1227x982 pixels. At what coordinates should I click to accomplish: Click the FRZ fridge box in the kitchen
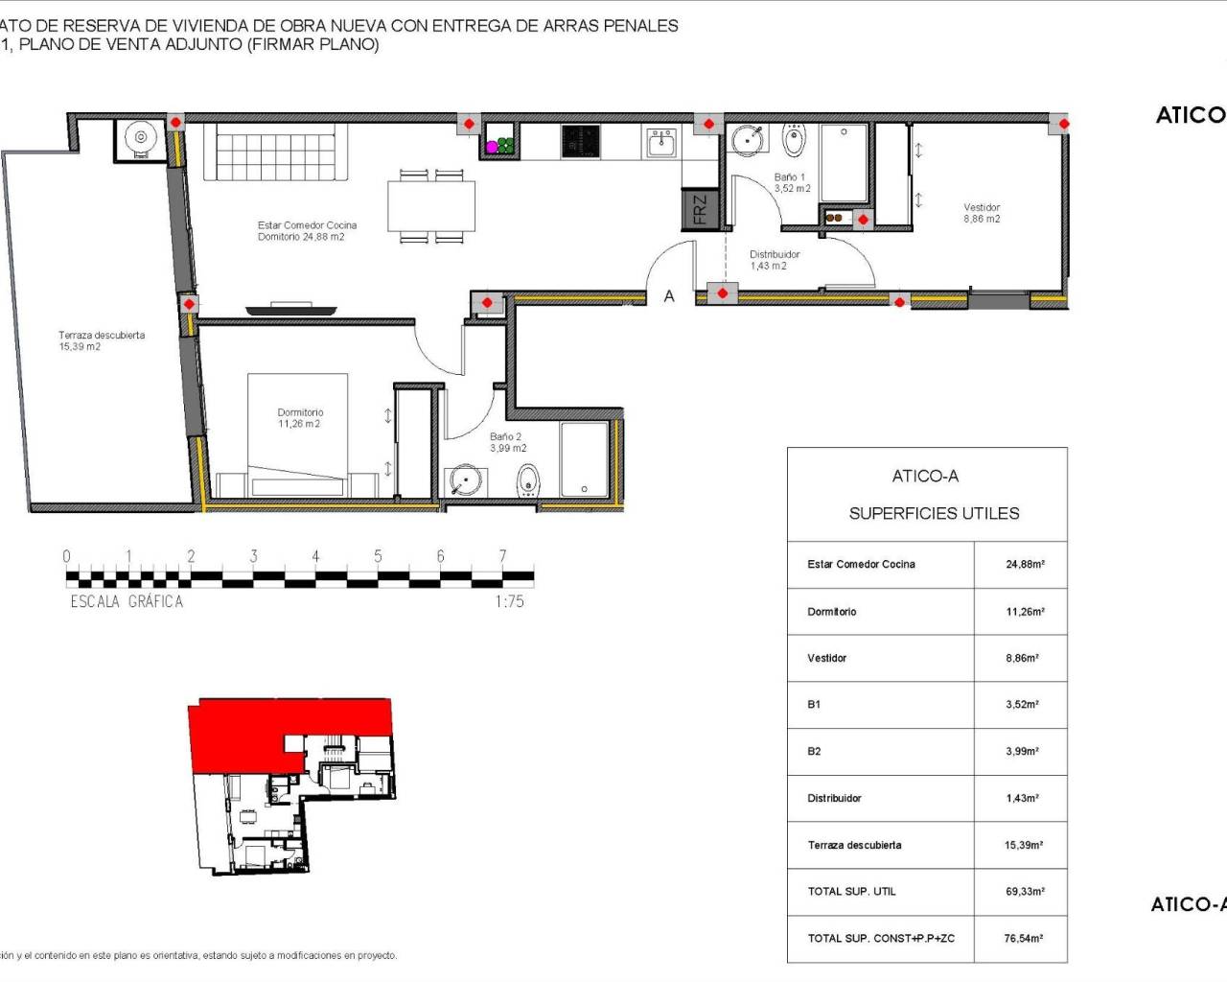(x=699, y=209)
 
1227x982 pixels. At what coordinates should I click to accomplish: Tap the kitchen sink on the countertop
(x=660, y=142)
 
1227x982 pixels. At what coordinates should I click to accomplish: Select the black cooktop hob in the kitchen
(x=580, y=141)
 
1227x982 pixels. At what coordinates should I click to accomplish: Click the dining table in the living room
(x=431, y=206)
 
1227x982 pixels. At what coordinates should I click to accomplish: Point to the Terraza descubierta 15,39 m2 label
(x=102, y=340)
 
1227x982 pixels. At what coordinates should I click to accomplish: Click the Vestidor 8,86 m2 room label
(x=982, y=213)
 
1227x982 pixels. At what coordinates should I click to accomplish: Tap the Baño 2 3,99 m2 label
(x=507, y=442)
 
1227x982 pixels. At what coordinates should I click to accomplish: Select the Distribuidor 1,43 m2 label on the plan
(x=774, y=260)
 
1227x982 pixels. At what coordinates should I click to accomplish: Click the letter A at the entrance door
(x=669, y=296)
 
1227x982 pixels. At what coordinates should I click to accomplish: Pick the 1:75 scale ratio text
(x=510, y=602)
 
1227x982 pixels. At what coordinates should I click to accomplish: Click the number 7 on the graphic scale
(x=502, y=556)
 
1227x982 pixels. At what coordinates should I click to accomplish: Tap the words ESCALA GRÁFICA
(x=127, y=602)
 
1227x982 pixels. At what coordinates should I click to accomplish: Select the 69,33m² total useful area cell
(x=1025, y=892)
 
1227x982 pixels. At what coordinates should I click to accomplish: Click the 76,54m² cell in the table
(x=1024, y=939)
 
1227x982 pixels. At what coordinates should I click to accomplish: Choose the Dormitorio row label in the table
(x=832, y=612)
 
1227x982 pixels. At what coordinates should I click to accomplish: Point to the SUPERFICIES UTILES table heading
(x=934, y=513)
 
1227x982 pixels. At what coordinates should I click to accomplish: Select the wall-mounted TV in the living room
(x=290, y=310)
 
